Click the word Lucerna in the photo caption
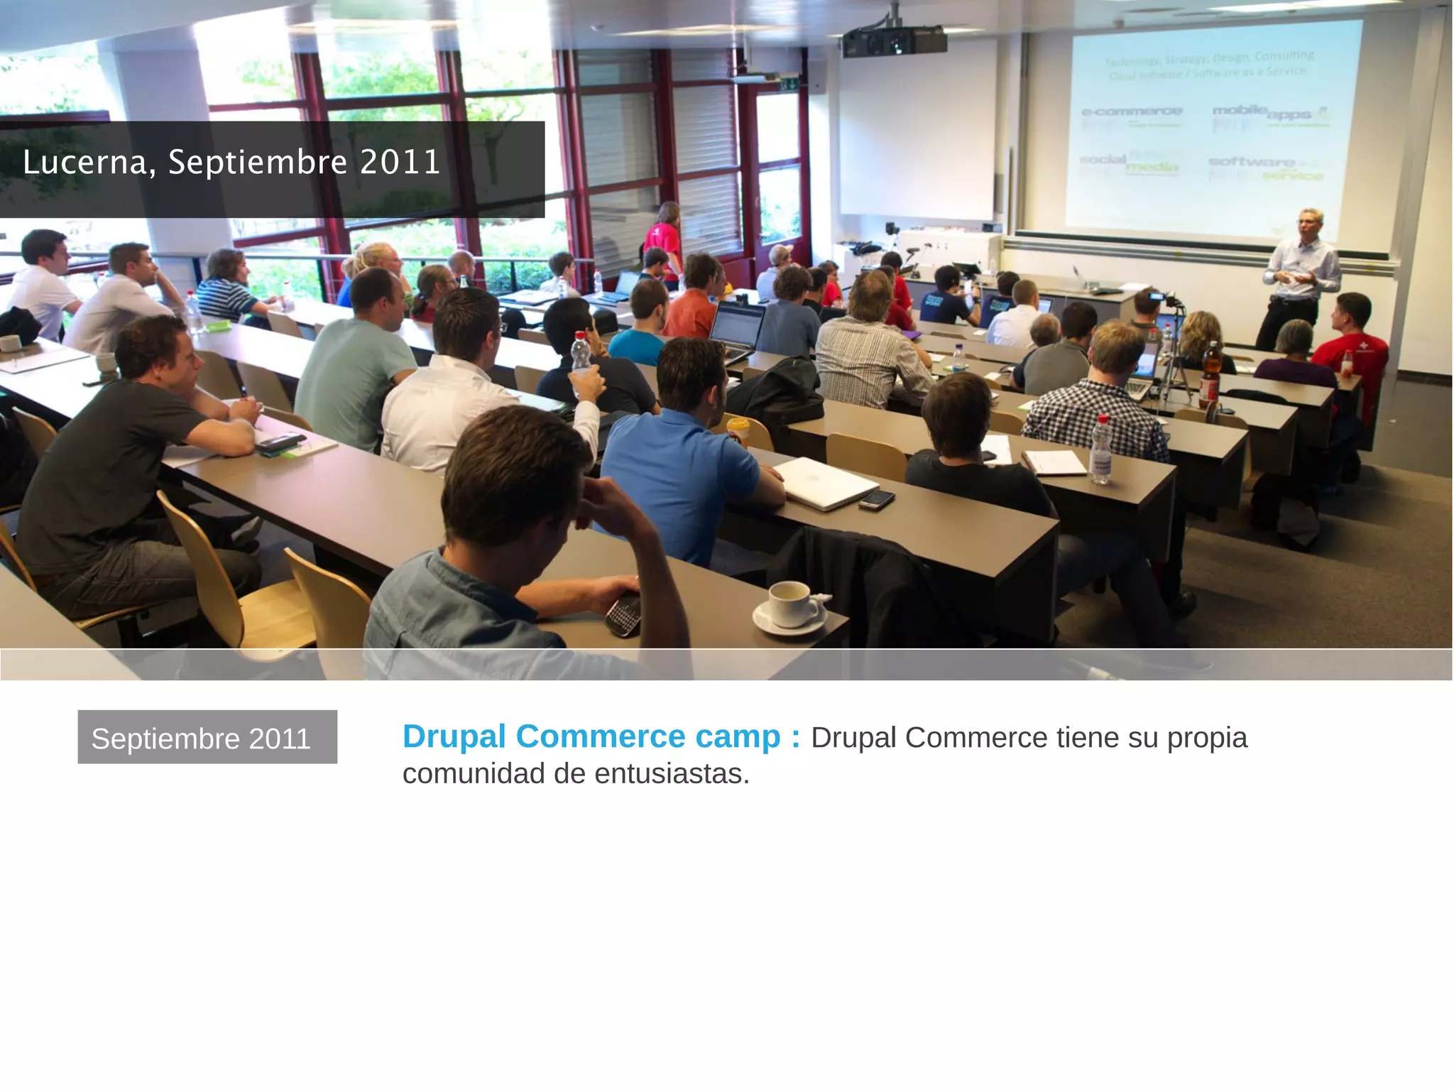pyautogui.click(x=84, y=163)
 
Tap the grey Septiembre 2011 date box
pyautogui.click(x=207, y=737)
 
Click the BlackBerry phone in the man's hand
pyautogui.click(x=623, y=614)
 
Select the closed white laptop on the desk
pyautogui.click(x=825, y=482)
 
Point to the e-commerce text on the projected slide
pyautogui.click(x=1132, y=112)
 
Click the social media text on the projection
pyautogui.click(x=1128, y=163)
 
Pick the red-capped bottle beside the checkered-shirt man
pyautogui.click(x=1100, y=451)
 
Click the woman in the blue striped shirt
pyautogui.click(x=226, y=288)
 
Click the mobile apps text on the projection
pyautogui.click(x=1267, y=114)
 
